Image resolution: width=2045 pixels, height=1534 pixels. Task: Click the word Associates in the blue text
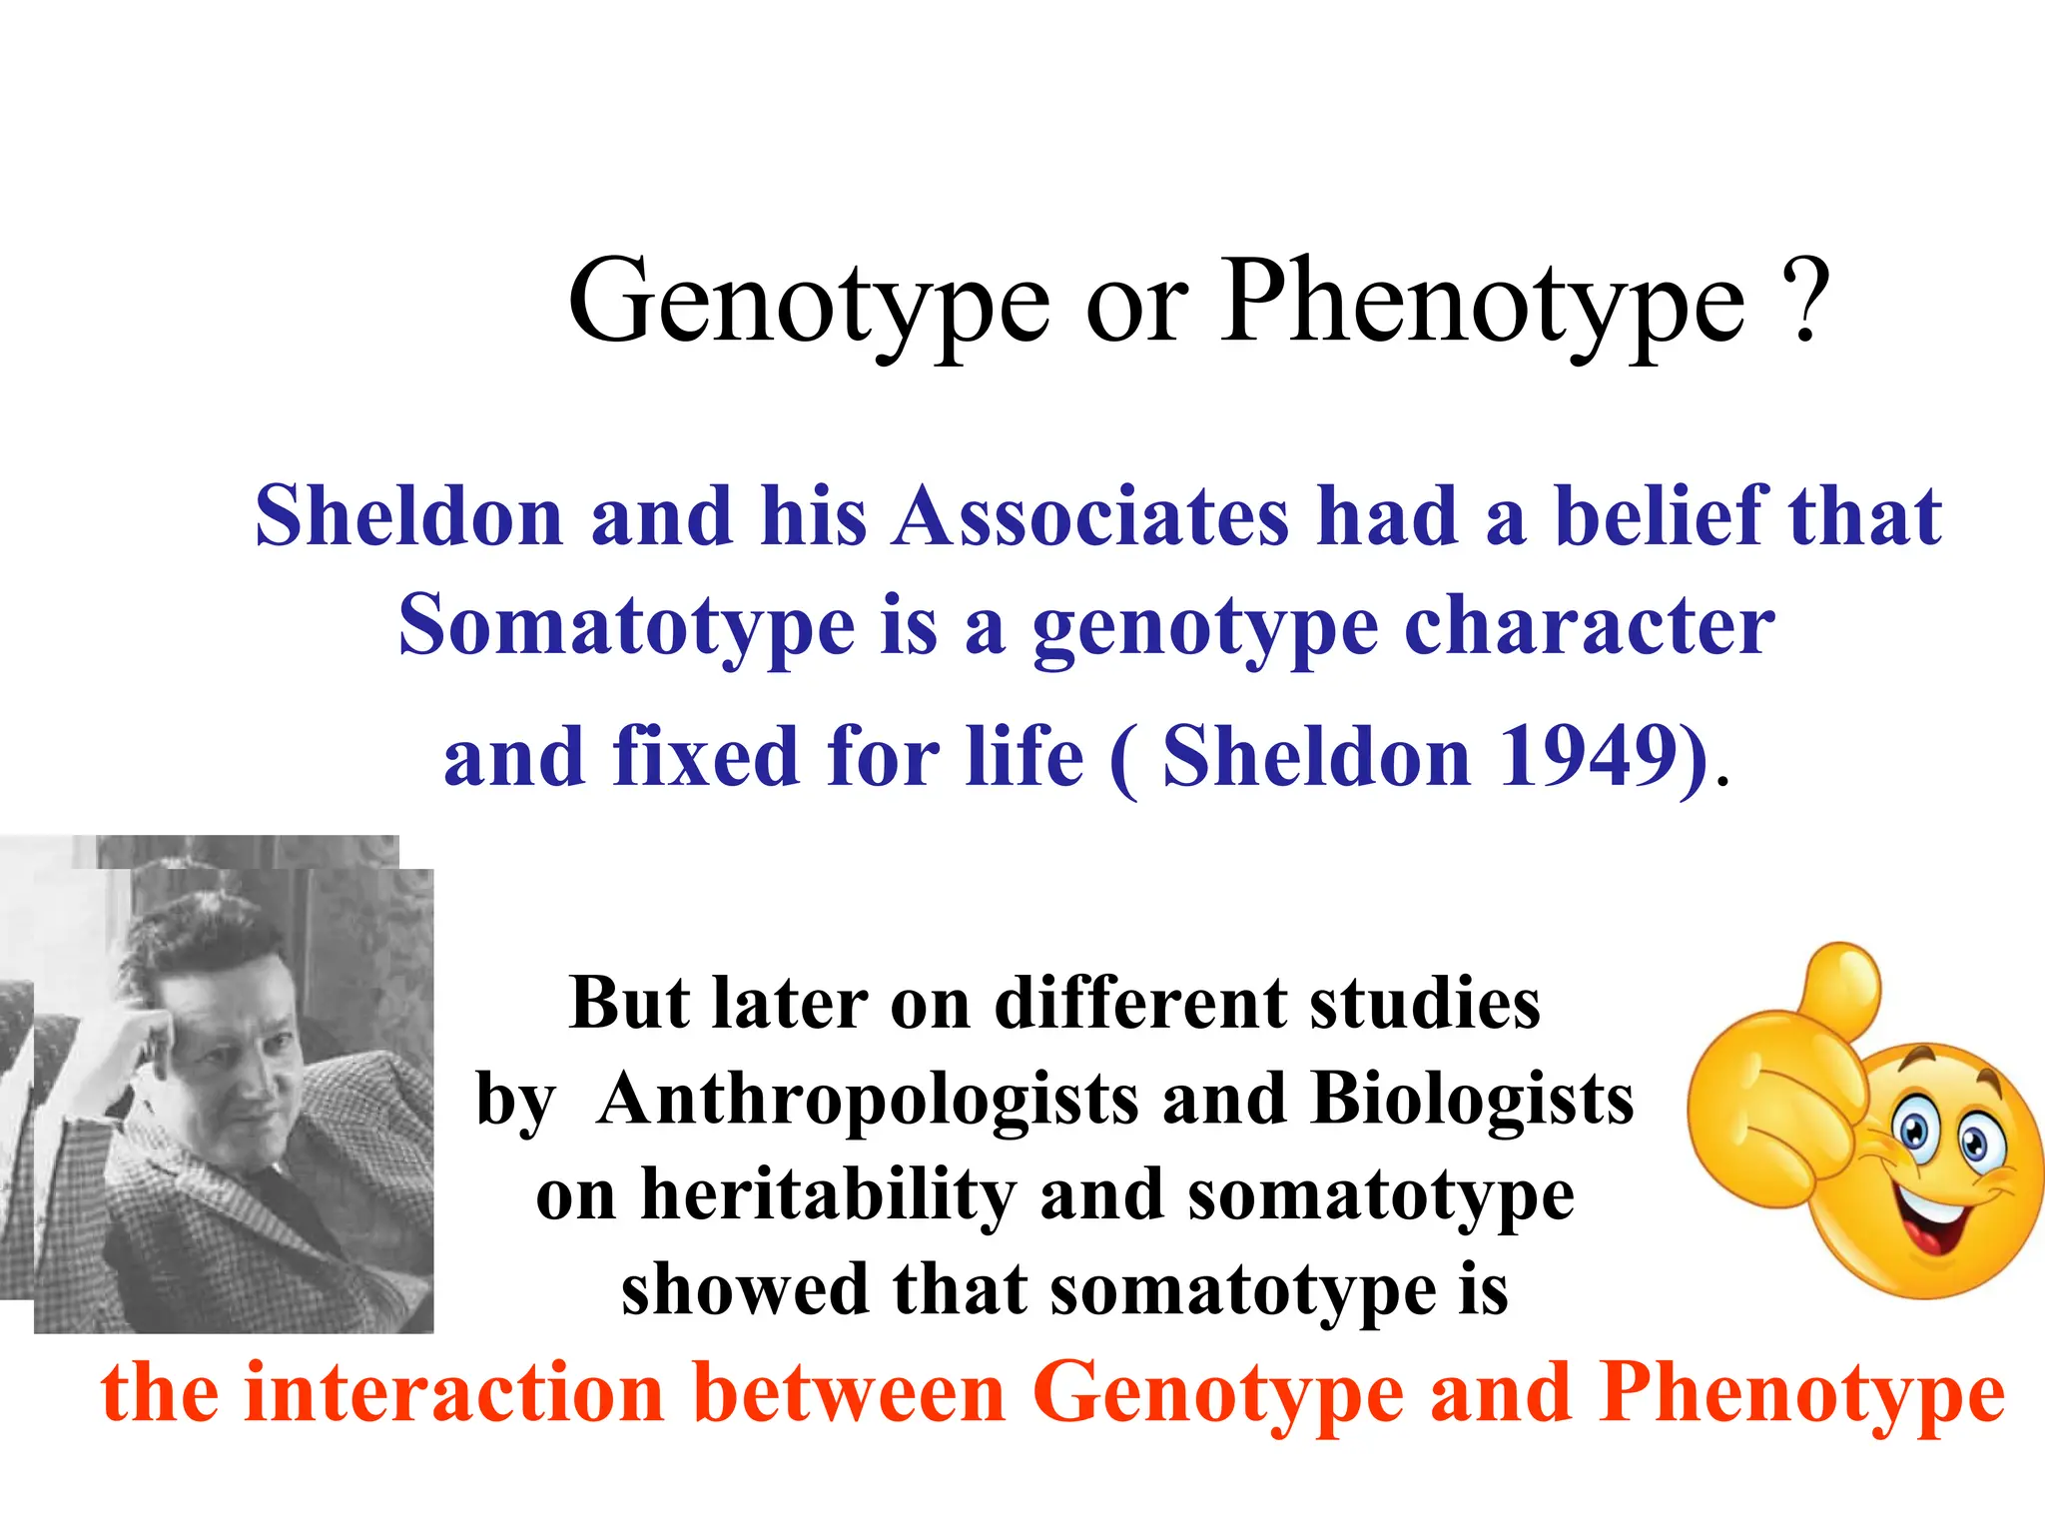point(1090,516)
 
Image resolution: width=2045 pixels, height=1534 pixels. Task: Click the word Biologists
point(1472,1099)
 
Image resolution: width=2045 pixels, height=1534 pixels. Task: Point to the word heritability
point(827,1196)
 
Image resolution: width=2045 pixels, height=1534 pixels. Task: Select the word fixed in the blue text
point(706,756)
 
